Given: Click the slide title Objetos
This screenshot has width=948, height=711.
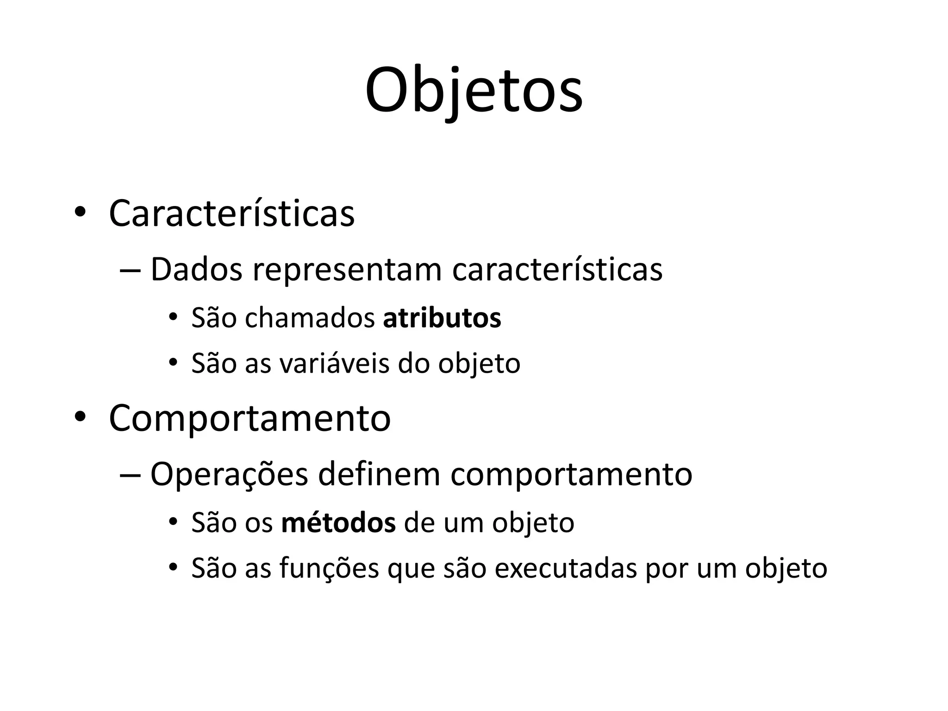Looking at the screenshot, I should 474,90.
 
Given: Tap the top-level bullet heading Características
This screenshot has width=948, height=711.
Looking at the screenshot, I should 231,213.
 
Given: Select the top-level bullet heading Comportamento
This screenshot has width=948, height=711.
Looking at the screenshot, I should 249,418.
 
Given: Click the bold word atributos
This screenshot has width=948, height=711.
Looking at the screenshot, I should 442,318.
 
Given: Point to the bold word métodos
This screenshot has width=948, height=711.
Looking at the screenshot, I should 338,523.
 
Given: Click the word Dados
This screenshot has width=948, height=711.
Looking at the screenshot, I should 196,269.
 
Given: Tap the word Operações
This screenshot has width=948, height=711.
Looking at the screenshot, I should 229,475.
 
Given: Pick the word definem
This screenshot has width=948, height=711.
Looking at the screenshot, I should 379,474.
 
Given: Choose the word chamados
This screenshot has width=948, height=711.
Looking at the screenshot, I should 310,318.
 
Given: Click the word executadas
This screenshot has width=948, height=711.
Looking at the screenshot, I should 566,568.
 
